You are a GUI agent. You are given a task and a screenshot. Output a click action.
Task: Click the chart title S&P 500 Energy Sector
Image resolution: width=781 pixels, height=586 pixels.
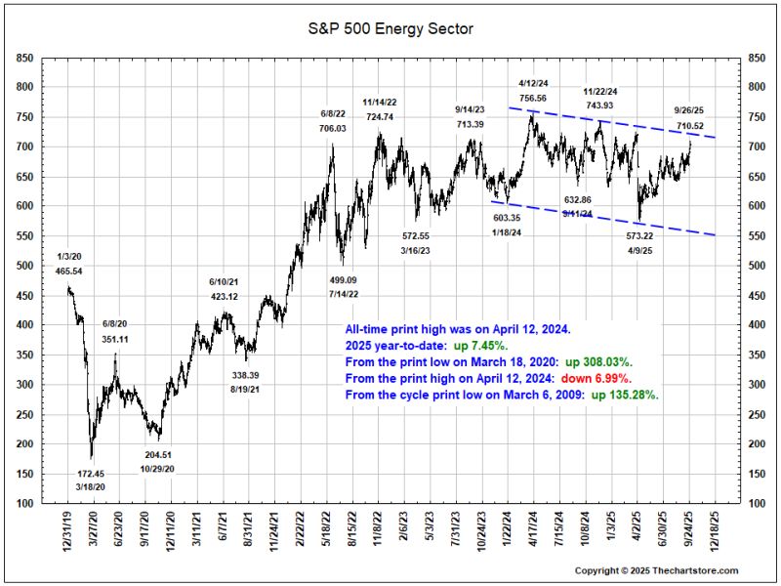390,29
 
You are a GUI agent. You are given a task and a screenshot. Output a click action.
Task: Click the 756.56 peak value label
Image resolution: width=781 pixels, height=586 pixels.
533,99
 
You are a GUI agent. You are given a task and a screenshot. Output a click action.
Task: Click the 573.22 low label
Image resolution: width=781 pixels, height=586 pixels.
639,236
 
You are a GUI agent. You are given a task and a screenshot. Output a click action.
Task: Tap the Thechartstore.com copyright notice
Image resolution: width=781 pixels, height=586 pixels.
656,570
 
